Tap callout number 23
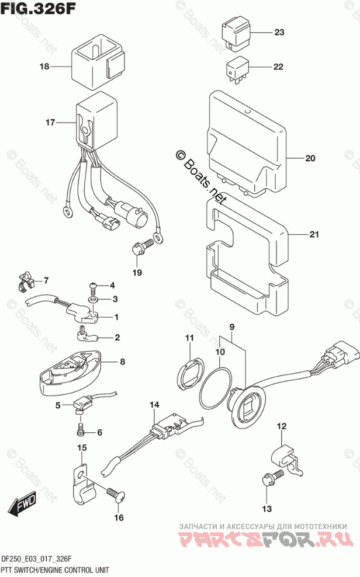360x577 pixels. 278,33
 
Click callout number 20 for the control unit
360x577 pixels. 310,158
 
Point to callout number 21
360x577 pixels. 314,235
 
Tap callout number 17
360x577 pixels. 50,123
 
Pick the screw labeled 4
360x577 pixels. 94,287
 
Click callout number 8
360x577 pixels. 122,362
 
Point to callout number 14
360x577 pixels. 154,405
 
